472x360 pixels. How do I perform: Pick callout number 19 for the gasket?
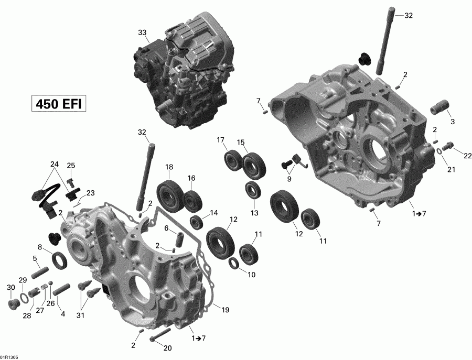[225, 311]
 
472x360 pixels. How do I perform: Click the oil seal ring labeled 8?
[59, 258]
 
